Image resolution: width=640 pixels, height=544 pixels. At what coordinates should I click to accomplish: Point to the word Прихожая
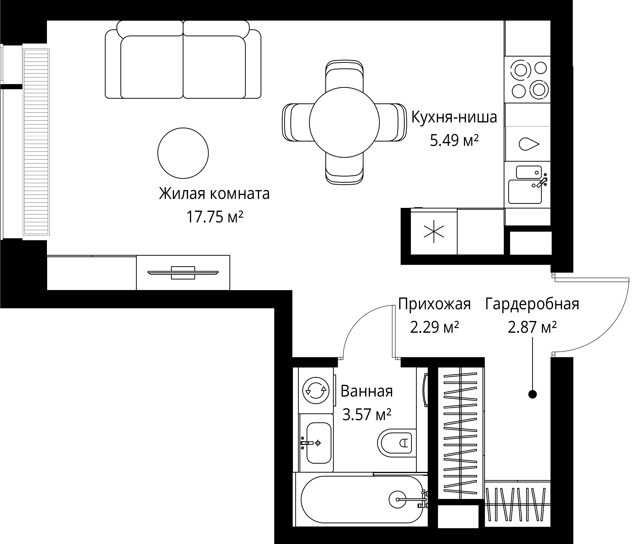pos(434,304)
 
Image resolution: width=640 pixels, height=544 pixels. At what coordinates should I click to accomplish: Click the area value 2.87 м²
pos(532,327)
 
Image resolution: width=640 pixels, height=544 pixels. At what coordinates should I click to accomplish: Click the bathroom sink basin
pos(319,443)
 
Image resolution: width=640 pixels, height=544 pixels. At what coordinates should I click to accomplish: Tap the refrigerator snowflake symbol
pos(434,231)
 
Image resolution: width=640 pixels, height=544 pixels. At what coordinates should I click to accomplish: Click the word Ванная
pos(367,391)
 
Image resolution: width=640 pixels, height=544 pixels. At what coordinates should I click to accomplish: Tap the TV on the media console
pos(183,273)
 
